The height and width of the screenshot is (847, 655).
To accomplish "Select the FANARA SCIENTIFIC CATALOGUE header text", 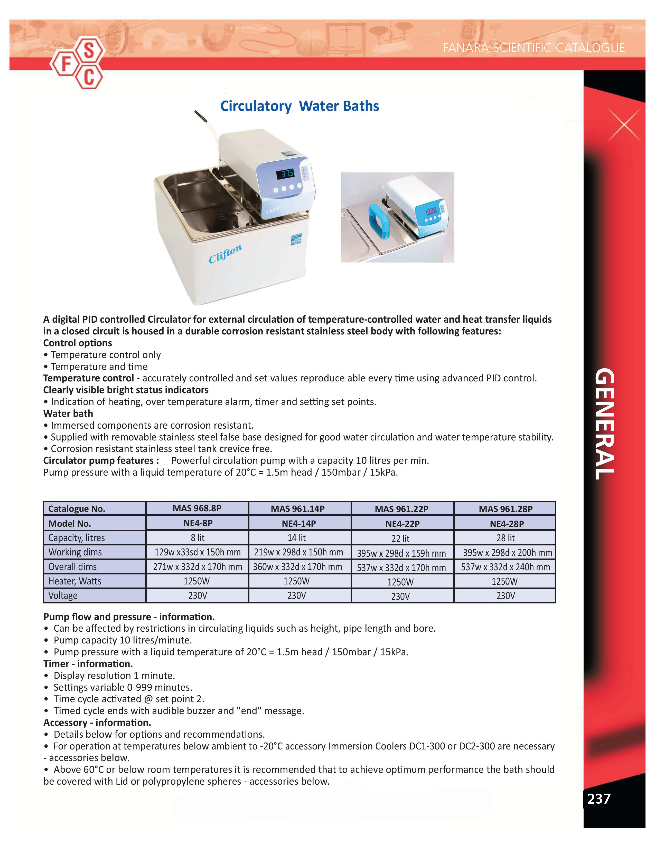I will click(534, 48).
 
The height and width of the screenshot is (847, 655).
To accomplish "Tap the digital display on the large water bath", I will click(285, 174).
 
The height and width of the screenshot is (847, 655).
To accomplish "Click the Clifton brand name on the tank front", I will click(225, 254).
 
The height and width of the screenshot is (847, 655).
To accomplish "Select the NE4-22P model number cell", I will click(403, 524).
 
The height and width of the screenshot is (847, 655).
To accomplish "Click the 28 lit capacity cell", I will click(505, 538).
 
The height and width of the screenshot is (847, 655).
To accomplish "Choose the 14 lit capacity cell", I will click(297, 538).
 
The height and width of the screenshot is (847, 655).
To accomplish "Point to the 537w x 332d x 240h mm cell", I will click(505, 567).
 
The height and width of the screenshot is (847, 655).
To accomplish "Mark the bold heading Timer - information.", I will click(88, 663).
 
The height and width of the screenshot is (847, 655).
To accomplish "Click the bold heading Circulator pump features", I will click(101, 460).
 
